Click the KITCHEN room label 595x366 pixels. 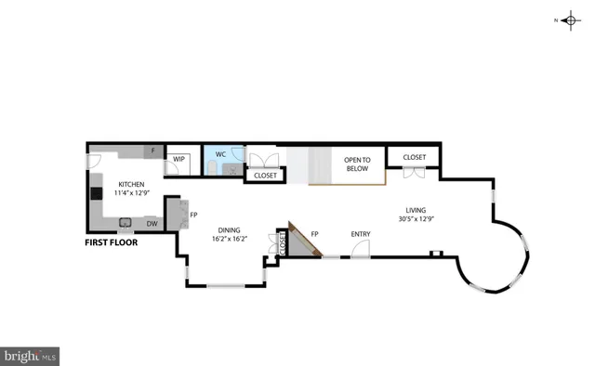(130, 184)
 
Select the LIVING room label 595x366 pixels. (416, 209)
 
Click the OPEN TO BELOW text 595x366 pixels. (357, 163)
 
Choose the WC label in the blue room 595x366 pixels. (220, 153)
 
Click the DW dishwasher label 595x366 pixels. (151, 224)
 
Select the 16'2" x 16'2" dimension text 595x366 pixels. (228, 239)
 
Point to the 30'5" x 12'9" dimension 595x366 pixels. (416, 218)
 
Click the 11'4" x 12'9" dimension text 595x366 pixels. (130, 193)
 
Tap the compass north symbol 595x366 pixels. (571, 20)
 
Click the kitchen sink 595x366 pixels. (124, 222)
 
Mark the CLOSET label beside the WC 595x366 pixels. (265, 175)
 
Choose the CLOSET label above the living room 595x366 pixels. (414, 157)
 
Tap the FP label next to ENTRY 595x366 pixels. (314, 233)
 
